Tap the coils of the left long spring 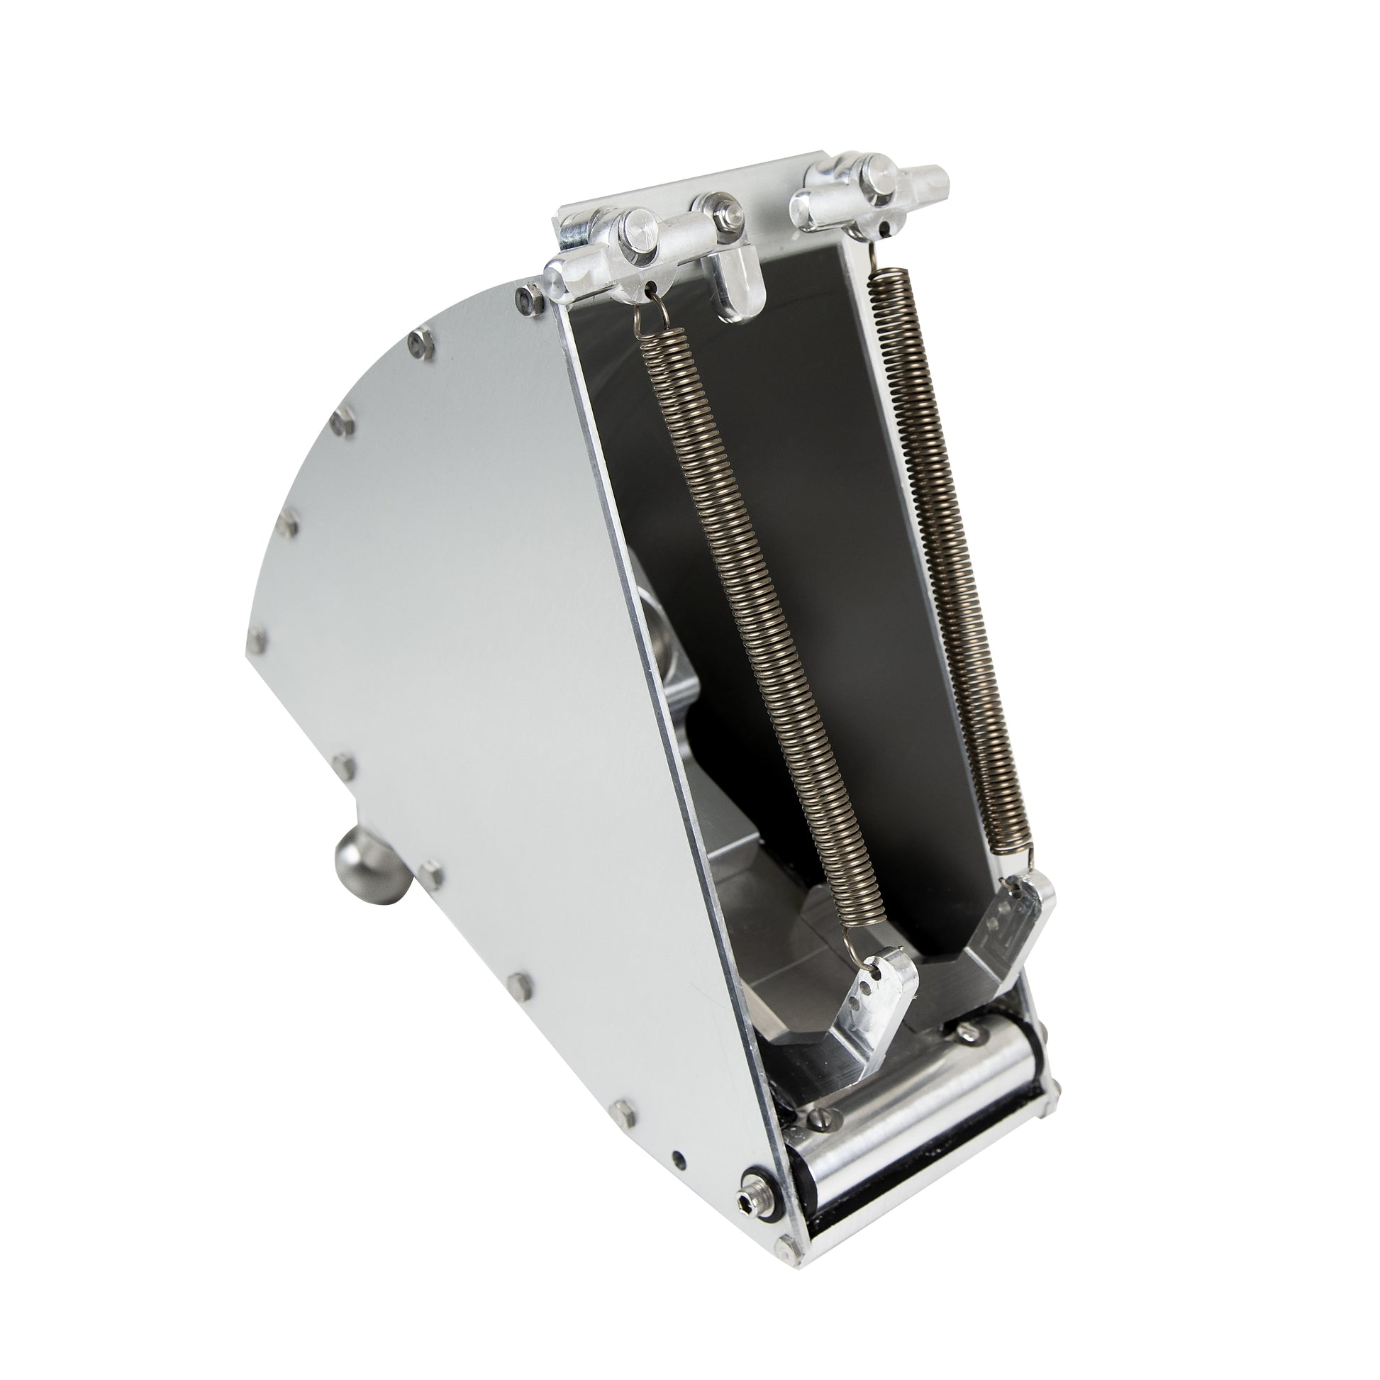pos(757,628)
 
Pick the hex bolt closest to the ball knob pos(430,871)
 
